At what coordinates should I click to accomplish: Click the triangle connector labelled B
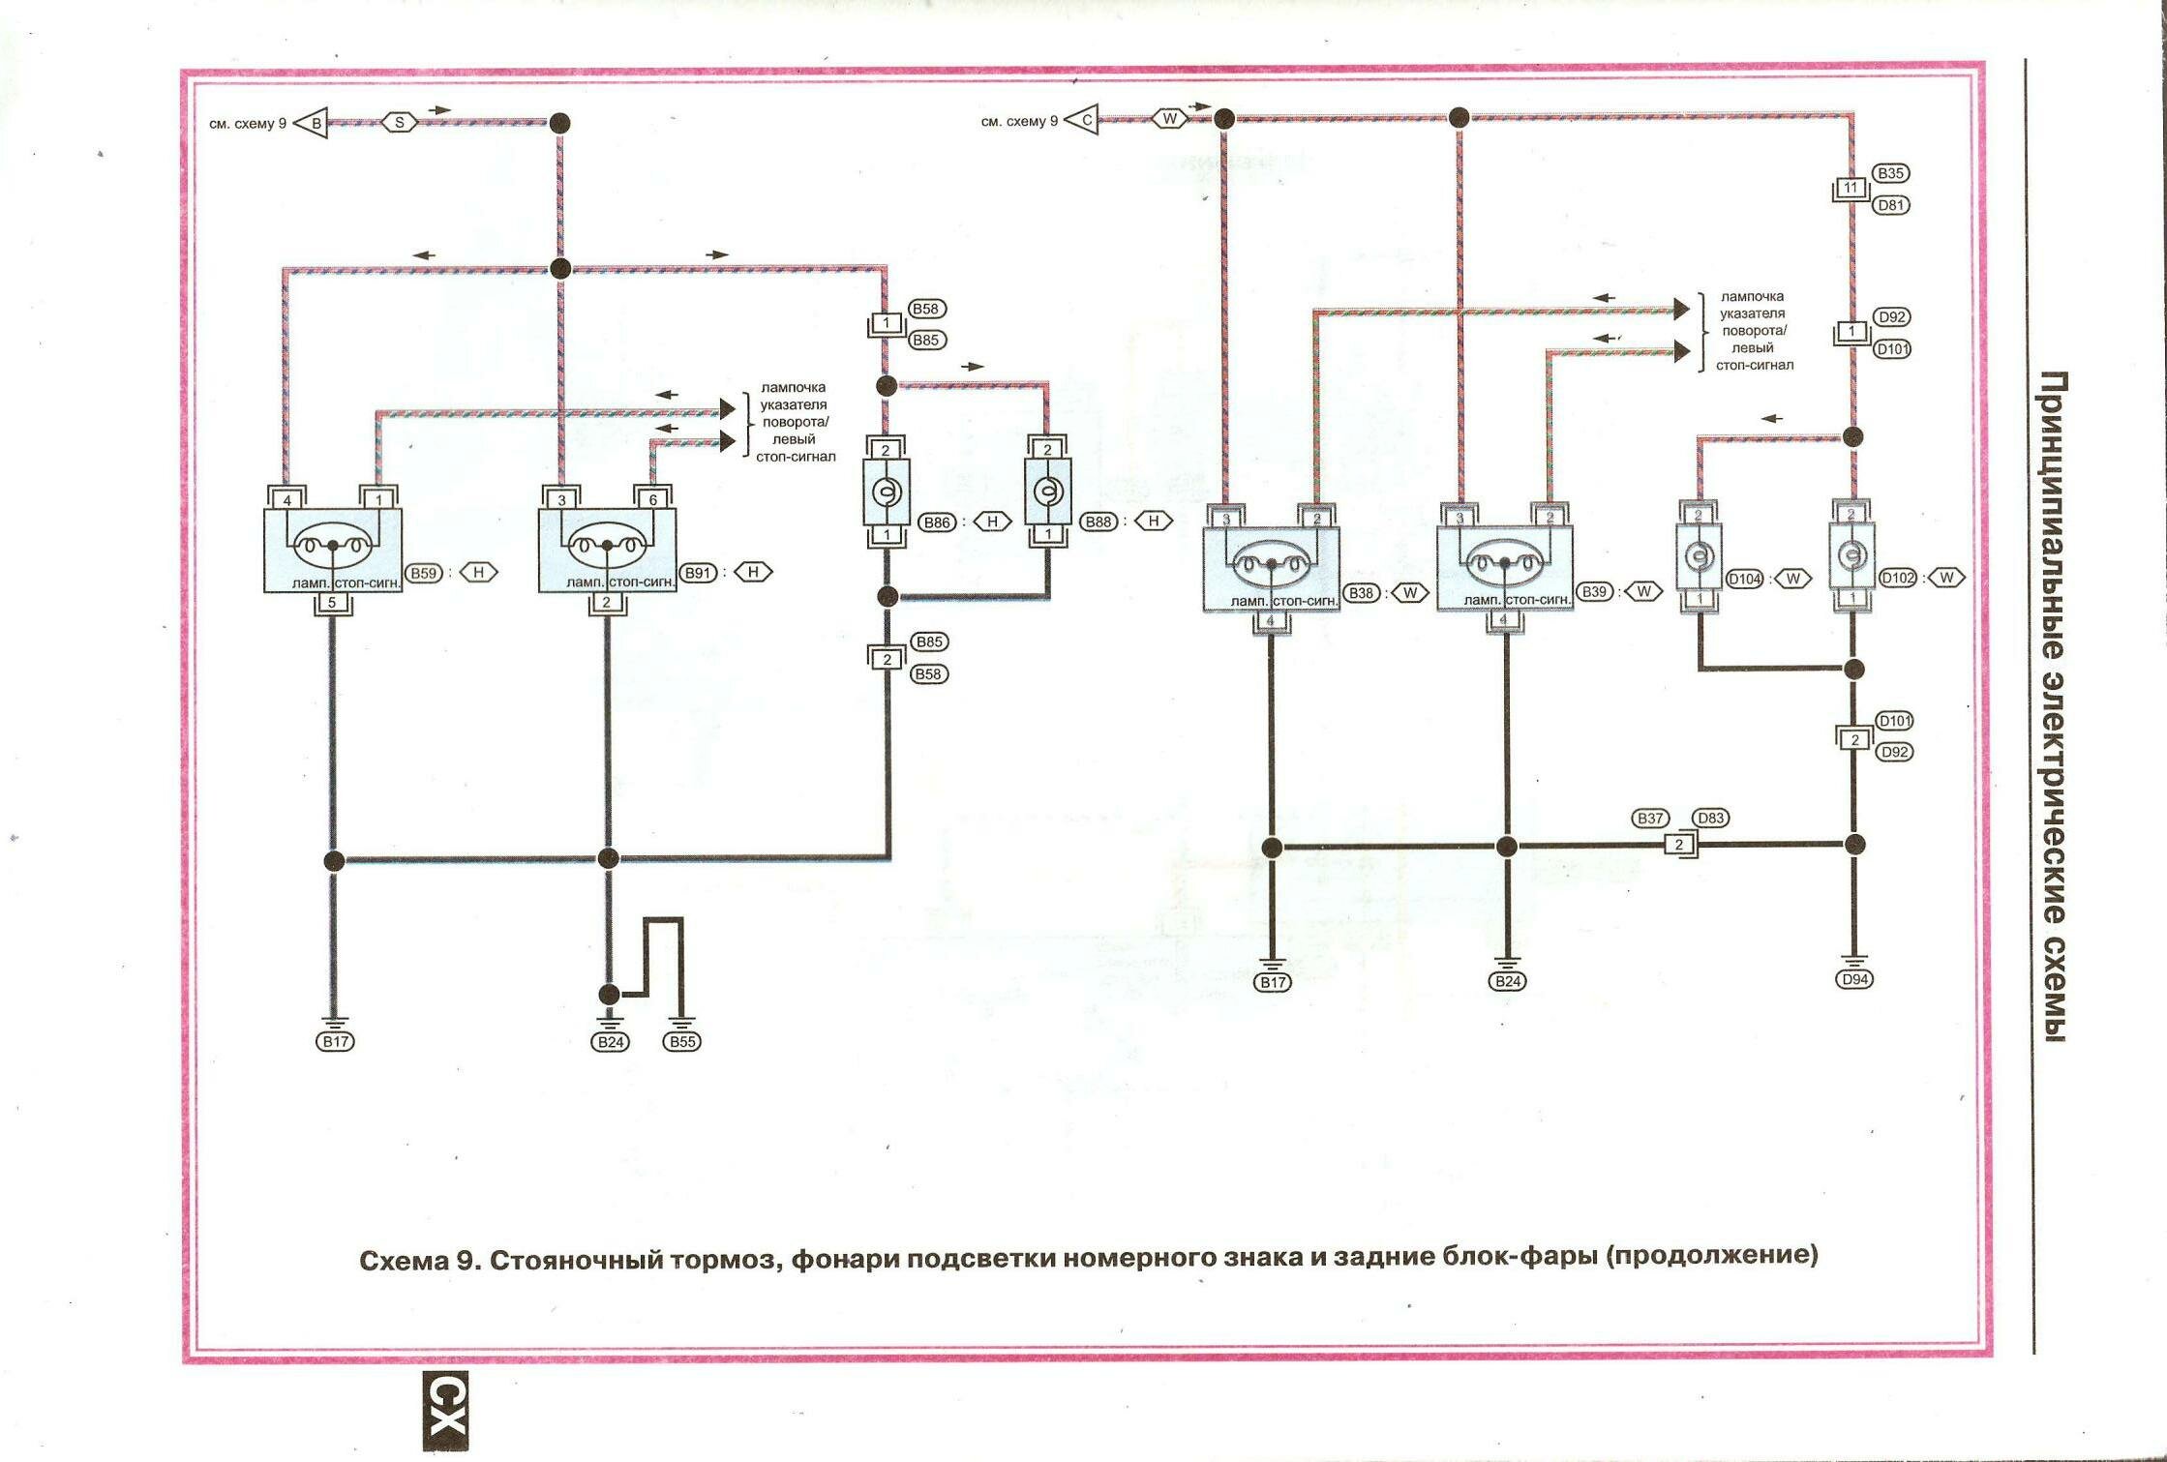tap(313, 124)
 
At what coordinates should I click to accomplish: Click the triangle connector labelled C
tap(1084, 121)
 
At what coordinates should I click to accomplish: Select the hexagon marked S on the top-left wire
tap(399, 123)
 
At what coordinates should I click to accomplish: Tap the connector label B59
tap(424, 573)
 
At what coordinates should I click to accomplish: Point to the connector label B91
tap(698, 573)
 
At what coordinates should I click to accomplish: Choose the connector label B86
tap(937, 522)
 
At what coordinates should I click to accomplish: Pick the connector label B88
tap(1099, 522)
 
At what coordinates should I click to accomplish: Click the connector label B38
tap(1362, 592)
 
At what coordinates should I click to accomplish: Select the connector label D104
tap(1744, 579)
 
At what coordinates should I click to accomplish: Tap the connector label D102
tap(1897, 578)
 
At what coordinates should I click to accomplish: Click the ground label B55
tap(681, 1042)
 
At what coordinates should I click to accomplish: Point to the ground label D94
tap(1854, 979)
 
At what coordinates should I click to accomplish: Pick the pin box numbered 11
tap(1851, 188)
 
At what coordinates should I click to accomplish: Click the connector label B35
tap(1890, 173)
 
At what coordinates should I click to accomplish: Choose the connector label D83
tap(1711, 818)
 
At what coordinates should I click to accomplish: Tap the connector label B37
tap(1649, 818)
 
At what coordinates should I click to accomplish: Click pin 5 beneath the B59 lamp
tap(332, 603)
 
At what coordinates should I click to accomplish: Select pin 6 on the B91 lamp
tap(653, 500)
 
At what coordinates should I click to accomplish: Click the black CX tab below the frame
tap(446, 1410)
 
